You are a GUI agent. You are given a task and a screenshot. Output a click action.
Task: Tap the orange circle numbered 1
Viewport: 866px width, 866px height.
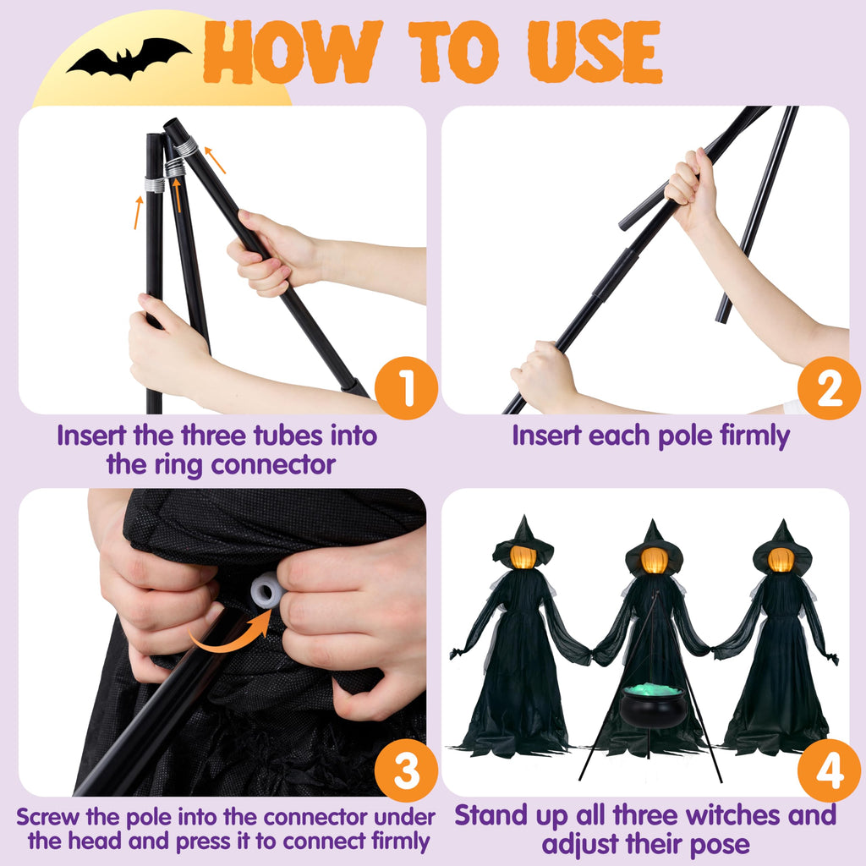406,387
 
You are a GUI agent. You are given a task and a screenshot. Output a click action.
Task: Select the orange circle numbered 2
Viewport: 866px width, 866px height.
829,387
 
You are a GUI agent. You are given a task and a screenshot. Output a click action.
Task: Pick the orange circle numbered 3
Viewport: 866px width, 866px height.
406,770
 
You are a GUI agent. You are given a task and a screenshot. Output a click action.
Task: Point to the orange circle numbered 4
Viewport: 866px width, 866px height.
829,770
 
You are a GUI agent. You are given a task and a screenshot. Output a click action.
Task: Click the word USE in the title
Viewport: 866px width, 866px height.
595,52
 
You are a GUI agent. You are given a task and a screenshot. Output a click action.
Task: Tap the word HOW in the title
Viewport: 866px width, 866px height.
293,52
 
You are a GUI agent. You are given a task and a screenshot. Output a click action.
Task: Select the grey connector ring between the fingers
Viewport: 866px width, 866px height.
267,589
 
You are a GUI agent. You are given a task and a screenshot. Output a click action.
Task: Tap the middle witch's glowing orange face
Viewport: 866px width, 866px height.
655,560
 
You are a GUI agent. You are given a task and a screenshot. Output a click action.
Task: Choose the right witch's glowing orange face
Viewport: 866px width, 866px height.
781,560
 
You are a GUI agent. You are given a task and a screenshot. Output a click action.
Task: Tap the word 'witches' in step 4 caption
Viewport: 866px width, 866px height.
737,815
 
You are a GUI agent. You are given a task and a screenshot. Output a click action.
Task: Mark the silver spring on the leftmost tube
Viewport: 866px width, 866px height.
155,184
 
